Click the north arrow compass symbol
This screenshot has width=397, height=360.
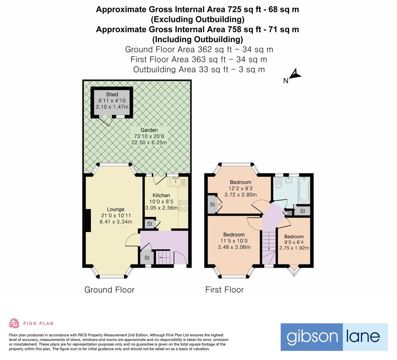point(295,75)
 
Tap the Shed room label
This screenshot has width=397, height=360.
point(112,94)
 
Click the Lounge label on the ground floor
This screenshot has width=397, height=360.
point(116,210)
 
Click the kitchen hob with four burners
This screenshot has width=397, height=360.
point(183,205)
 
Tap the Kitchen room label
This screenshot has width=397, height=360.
point(161,195)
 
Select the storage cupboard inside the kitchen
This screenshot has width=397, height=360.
point(150,224)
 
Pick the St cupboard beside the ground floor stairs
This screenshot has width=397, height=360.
point(147,258)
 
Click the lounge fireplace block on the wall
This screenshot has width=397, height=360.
point(88,220)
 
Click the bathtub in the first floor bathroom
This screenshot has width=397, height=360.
point(304,190)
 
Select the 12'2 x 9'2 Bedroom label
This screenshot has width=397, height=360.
point(240,182)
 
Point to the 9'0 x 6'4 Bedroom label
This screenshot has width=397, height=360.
point(294,237)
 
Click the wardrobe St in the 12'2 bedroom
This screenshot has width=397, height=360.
point(212,205)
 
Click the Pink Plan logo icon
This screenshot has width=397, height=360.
point(14,323)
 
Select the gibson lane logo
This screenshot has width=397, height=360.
point(334,337)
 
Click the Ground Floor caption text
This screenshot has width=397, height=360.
point(109,290)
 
